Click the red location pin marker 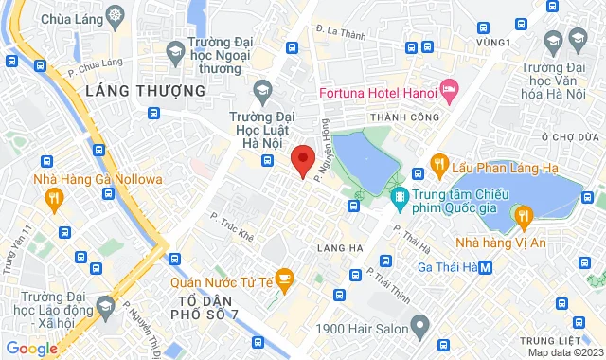coord(302,160)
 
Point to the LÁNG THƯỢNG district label coord(144,90)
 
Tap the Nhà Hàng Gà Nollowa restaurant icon coord(54,198)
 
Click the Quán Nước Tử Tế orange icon coord(288,279)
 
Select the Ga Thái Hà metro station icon coord(486,267)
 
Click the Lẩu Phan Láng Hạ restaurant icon coord(439,162)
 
